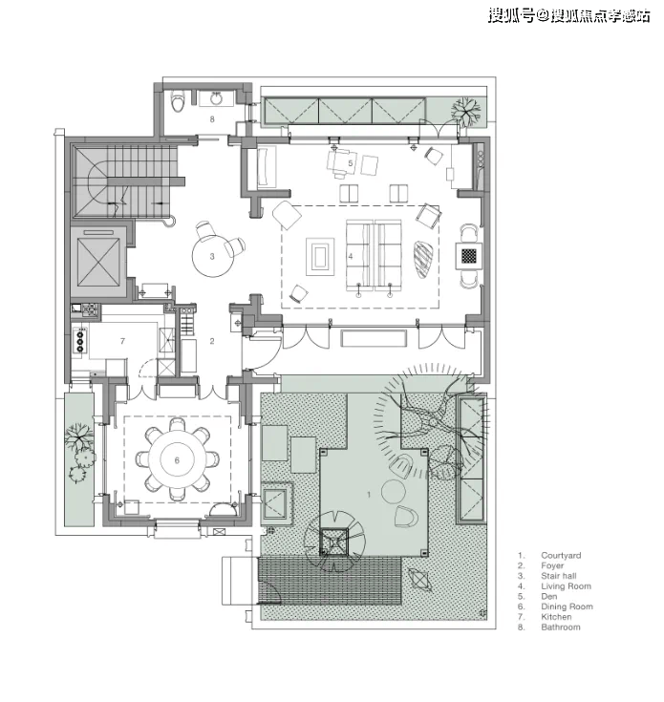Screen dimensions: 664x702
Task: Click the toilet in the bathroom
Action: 179,101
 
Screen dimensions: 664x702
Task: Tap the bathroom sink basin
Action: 217,98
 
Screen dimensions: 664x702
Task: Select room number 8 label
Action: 212,119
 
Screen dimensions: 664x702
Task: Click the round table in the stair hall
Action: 212,256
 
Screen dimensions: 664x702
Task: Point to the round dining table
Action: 178,459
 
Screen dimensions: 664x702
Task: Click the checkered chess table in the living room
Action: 469,256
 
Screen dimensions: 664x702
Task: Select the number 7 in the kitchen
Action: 122,341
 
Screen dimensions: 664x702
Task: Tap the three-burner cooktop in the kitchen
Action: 80,341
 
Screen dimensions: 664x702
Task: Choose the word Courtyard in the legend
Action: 561,555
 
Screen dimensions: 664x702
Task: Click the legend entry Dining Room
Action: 567,606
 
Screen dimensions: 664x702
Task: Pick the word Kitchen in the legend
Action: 556,617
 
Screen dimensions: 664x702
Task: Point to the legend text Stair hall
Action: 559,576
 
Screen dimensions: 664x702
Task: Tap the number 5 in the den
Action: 351,164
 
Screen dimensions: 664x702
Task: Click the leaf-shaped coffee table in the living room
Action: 423,261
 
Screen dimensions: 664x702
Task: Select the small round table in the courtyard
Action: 394,491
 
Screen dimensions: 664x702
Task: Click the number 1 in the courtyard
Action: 369,495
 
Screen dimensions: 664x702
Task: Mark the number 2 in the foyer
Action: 212,341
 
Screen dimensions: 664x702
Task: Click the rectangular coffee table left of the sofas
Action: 320,257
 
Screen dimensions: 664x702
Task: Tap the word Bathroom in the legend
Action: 561,628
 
